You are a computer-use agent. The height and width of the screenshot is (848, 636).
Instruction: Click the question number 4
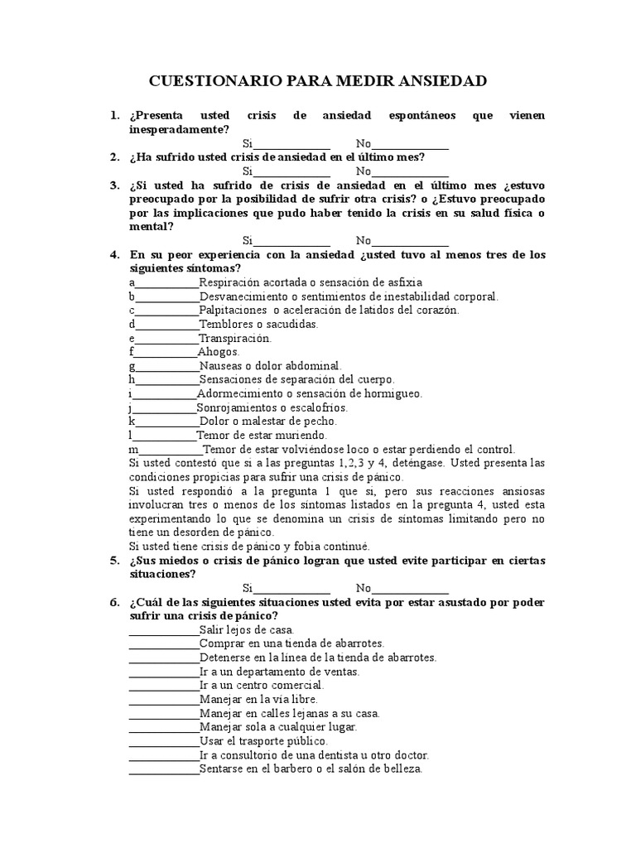115,254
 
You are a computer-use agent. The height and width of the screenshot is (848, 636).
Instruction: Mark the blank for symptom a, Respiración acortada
167,282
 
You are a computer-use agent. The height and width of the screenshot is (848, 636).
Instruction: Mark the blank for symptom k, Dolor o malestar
167,421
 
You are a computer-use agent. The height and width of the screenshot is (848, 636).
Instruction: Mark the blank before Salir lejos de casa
164,629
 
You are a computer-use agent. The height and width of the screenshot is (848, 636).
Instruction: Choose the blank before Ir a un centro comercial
164,685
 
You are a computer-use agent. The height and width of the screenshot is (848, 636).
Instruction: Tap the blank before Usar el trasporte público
164,740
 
